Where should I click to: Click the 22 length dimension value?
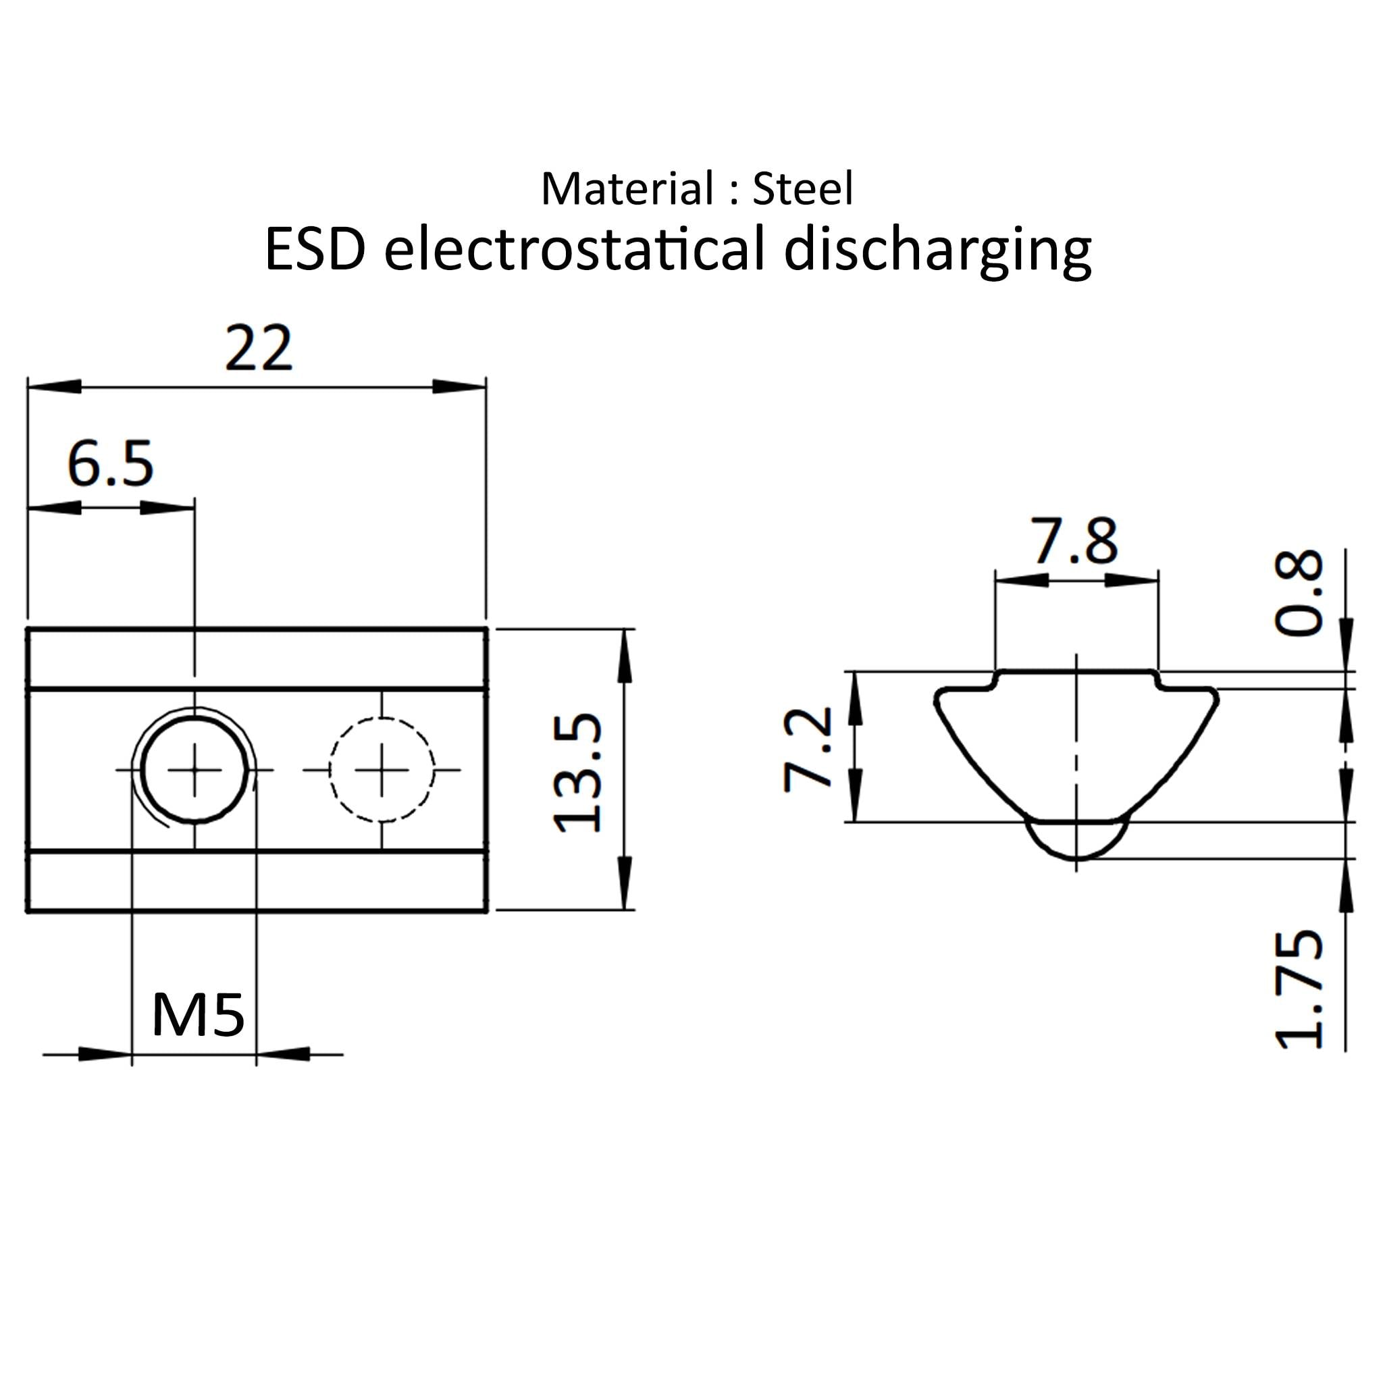click(259, 348)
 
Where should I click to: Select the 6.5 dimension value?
click(110, 464)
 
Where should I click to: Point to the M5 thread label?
click(199, 1015)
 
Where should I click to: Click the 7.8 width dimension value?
click(1074, 541)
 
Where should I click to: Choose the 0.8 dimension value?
click(1299, 592)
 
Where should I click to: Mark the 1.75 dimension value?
click(1299, 990)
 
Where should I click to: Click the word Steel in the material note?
click(803, 190)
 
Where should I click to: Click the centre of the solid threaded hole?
click(194, 770)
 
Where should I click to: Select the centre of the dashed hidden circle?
click(382, 770)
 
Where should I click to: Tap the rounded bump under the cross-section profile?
click(1077, 843)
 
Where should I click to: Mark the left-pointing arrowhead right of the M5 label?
click(283, 1054)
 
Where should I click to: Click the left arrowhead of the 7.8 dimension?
click(1022, 580)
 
